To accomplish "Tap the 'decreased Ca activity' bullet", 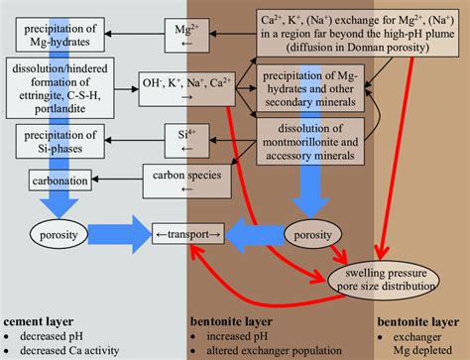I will pyautogui.click(x=65, y=351).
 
